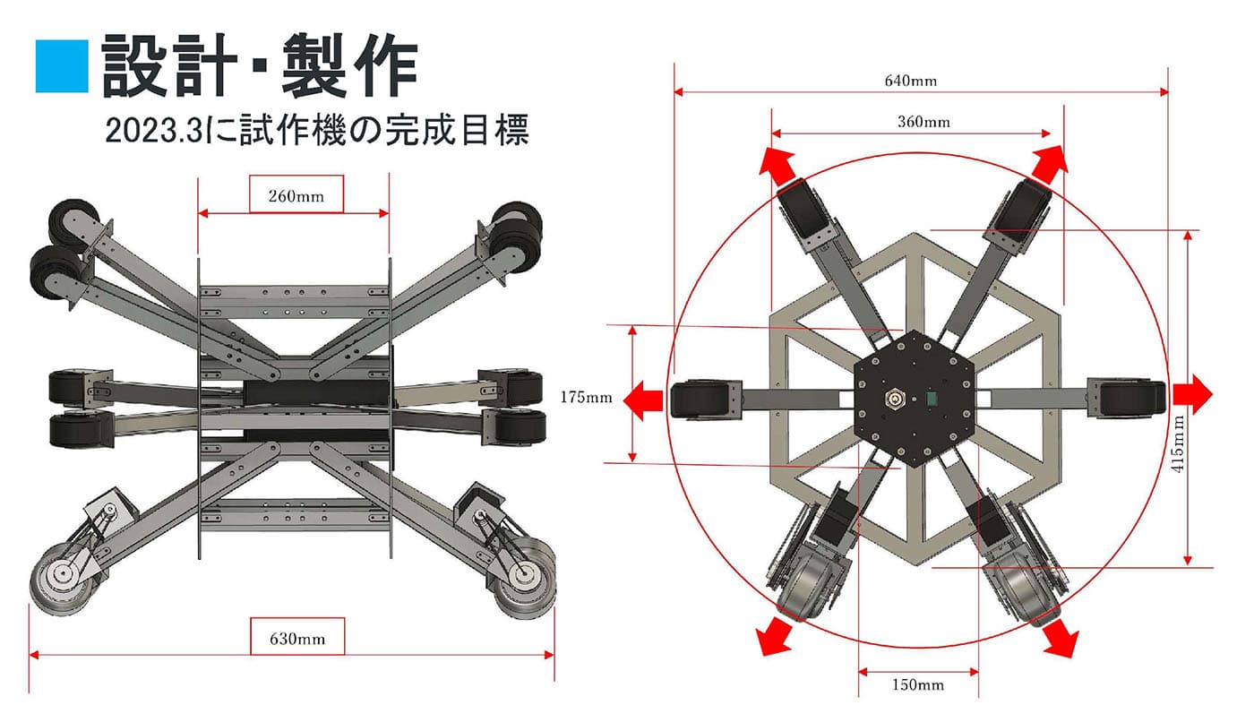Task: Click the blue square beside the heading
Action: click(62, 66)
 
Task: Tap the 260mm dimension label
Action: click(296, 196)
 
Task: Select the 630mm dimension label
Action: click(297, 639)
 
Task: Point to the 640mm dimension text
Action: click(911, 82)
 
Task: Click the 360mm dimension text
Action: click(923, 122)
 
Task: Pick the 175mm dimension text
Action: click(586, 398)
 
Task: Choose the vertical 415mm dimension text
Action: click(1179, 443)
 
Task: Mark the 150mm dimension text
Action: click(917, 684)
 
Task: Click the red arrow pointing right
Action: click(1192, 395)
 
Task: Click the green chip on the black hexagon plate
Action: click(932, 400)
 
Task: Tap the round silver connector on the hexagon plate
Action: click(894, 400)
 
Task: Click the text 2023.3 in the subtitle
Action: click(153, 131)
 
